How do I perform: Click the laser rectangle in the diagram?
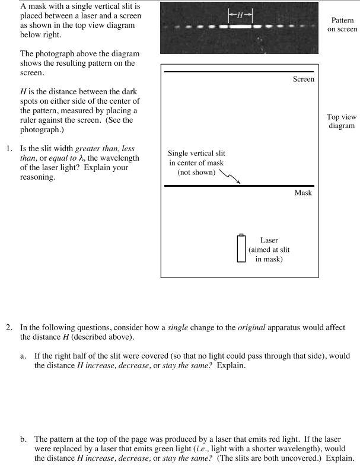coord(241,248)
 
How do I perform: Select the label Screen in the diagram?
coord(304,79)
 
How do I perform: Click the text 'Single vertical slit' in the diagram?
coord(197,154)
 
